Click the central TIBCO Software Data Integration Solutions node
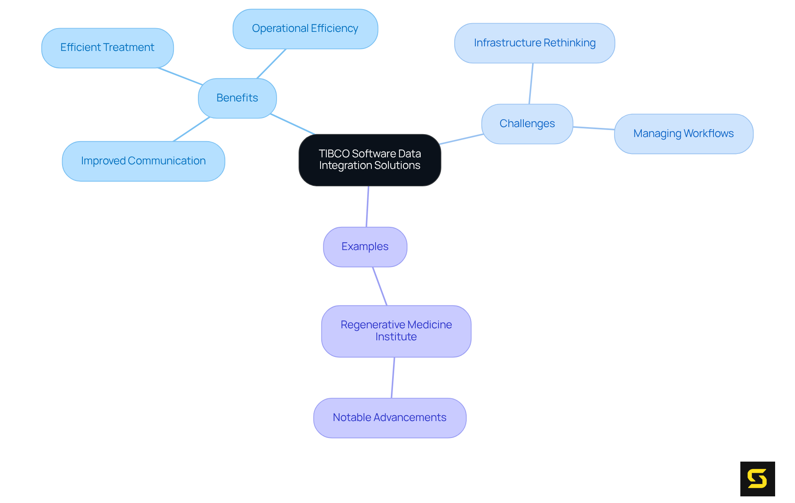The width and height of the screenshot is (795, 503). (x=370, y=160)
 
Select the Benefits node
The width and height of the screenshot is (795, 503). (x=237, y=98)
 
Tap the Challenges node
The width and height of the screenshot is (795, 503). (x=527, y=124)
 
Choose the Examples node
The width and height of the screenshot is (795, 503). (x=365, y=247)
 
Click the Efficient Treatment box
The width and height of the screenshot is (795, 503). (x=107, y=48)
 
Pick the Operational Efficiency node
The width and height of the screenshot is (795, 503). (x=305, y=29)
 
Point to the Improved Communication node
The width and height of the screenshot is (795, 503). (x=143, y=161)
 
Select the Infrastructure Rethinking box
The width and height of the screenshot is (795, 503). (x=535, y=43)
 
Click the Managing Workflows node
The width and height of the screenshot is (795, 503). (x=683, y=134)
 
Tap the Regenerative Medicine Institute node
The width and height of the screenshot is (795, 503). (x=396, y=331)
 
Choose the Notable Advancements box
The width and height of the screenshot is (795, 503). (x=390, y=418)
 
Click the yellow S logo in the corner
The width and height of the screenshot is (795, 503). (x=757, y=479)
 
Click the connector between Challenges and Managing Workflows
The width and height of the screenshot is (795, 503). (x=594, y=128)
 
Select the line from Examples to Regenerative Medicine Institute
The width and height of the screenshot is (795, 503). (x=380, y=286)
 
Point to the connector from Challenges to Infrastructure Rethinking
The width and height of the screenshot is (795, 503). (x=531, y=84)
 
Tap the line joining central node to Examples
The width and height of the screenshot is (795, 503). (x=367, y=207)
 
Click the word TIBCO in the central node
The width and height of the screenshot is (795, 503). (x=334, y=154)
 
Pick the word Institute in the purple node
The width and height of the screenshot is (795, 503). (x=396, y=337)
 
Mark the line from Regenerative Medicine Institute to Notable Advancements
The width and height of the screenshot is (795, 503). (x=393, y=378)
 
